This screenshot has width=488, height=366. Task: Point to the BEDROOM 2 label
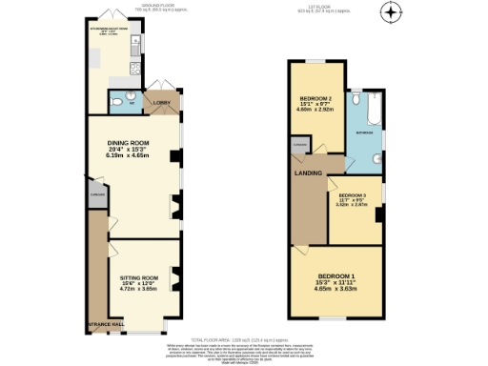316,98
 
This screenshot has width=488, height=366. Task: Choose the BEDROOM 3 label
352,195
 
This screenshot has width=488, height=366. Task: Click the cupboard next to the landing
301,146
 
